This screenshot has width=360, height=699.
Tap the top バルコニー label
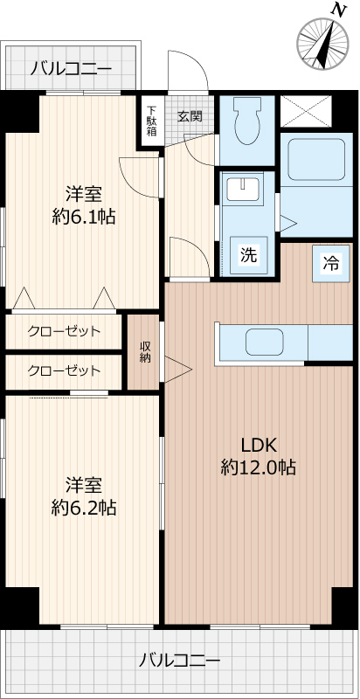point(72,67)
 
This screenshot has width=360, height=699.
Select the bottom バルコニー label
point(180,660)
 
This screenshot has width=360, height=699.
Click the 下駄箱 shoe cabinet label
point(152,121)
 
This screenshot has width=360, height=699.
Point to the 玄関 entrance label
point(189,115)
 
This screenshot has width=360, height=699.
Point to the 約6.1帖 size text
point(84,216)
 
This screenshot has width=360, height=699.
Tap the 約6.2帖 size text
point(84,507)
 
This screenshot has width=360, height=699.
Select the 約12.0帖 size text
point(258,467)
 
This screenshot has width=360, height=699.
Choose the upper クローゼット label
point(64,331)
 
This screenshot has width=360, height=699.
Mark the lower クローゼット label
point(64,370)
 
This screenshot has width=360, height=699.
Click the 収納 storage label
point(145,351)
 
